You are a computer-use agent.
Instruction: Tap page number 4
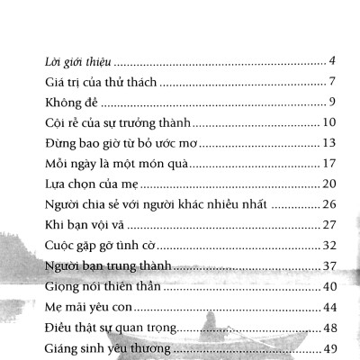click(332, 60)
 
